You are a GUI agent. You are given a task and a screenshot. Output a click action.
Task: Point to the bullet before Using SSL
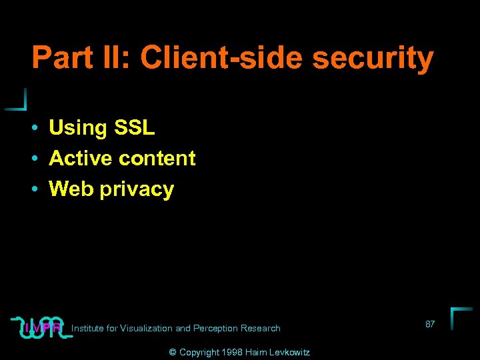click(33, 128)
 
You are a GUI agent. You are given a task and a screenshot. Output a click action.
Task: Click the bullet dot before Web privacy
click(33, 190)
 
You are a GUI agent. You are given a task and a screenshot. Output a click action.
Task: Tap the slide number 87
click(430, 324)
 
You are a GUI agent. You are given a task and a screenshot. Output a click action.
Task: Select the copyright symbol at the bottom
click(172, 352)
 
